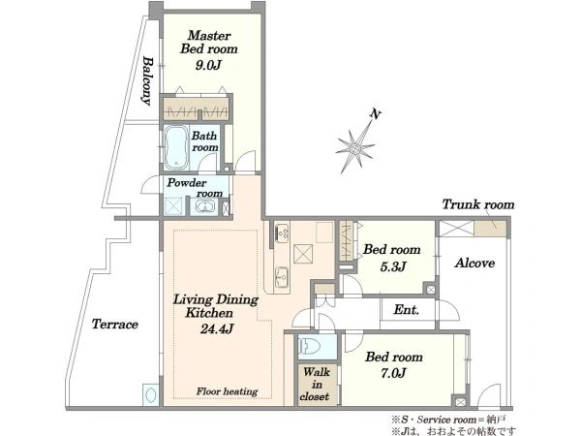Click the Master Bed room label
[209, 43]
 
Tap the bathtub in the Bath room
[177, 147]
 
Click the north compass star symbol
[355, 147]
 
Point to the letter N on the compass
[376, 114]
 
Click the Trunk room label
[478, 204]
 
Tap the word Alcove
[474, 263]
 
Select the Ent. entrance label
[407, 309]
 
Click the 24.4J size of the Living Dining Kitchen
[217, 328]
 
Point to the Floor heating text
[228, 391]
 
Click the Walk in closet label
[315, 384]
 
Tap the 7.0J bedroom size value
[393, 373]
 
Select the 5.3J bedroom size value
[393, 265]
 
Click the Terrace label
[115, 325]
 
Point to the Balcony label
[148, 80]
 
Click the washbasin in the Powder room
[204, 206]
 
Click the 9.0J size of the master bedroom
[208, 65]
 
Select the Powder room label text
[195, 188]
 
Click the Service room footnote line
[448, 420]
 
